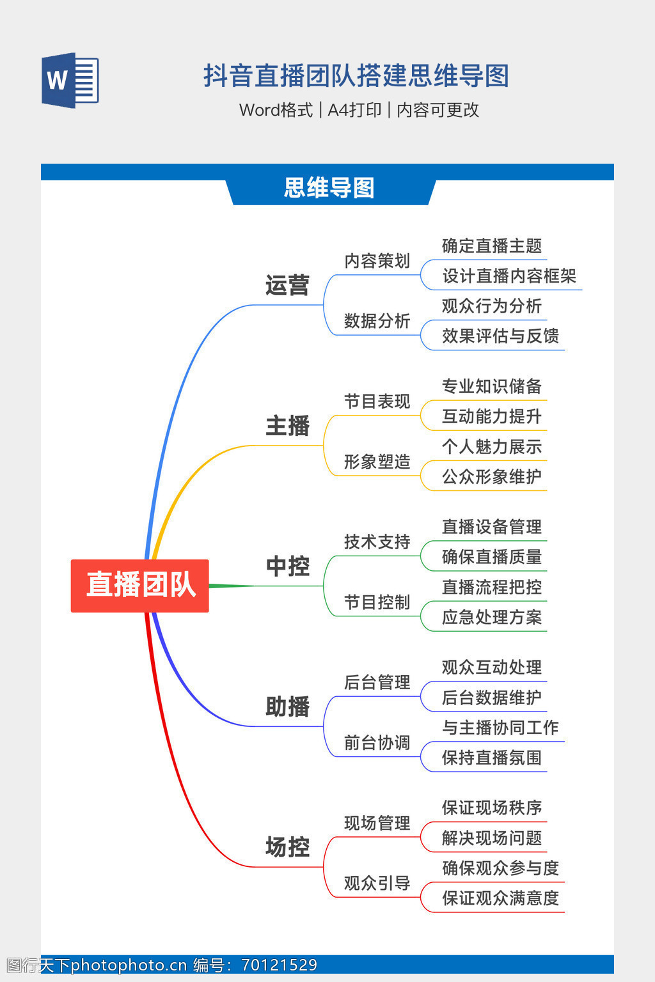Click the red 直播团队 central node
tap(140, 585)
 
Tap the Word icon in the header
tap(70, 81)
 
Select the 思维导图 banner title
tap(329, 188)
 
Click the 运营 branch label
tap(287, 285)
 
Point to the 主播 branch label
tap(287, 426)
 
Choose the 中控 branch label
tap(287, 566)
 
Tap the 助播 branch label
tap(287, 707)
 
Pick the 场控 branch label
tap(287, 848)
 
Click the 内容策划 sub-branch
tap(377, 261)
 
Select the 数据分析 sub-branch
tap(377, 321)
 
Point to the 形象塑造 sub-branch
tap(377, 462)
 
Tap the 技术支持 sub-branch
tap(377, 542)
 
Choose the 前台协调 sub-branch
tap(377, 743)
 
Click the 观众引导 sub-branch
tap(377, 884)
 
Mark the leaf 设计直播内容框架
tap(509, 276)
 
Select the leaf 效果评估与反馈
tap(500, 336)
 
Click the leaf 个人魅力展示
tap(491, 447)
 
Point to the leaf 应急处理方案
tap(491, 618)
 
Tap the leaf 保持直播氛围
tap(491, 758)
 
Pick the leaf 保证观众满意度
tap(500, 899)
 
